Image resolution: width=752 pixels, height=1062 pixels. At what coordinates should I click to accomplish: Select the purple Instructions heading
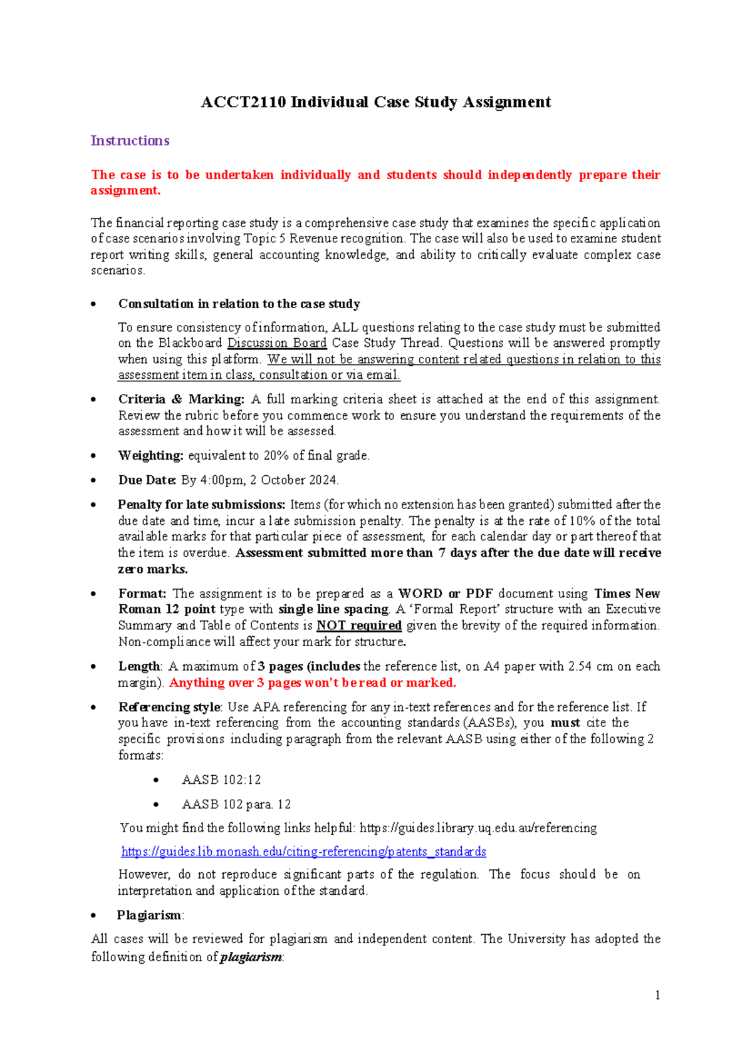pos(130,141)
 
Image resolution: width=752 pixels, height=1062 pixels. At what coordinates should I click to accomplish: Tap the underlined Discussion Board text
pos(276,343)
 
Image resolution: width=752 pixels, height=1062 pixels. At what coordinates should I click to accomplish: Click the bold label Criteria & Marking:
pos(181,400)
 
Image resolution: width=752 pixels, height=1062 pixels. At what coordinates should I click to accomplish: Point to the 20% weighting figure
pos(276,456)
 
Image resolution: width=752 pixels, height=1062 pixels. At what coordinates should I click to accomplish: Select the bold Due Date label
pos(147,480)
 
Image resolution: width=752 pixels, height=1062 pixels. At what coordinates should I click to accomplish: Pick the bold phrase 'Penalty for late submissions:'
pos(201,505)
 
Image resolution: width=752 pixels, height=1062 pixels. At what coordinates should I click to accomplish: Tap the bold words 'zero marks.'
pos(152,569)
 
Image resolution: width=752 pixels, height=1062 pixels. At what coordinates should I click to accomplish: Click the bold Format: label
pos(142,594)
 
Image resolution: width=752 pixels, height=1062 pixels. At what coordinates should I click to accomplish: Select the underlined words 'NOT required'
pos(358,626)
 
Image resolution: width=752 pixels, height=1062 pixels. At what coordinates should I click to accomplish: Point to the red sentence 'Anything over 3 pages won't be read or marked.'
pos(312,683)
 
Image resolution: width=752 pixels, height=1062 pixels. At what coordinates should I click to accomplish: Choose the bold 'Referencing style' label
pos(169,708)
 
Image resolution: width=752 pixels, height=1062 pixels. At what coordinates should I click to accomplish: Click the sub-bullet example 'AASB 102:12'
pos(221,780)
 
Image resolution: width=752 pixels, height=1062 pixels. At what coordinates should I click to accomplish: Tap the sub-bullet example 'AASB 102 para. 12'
pos(236,805)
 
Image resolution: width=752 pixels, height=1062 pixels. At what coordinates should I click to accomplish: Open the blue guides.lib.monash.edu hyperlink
pos(303,852)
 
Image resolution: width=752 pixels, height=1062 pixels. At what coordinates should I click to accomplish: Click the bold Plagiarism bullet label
pos(149,915)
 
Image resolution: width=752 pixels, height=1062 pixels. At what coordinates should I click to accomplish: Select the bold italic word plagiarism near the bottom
pos(251,957)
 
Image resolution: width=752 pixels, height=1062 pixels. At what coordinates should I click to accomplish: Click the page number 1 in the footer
pos(657,996)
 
